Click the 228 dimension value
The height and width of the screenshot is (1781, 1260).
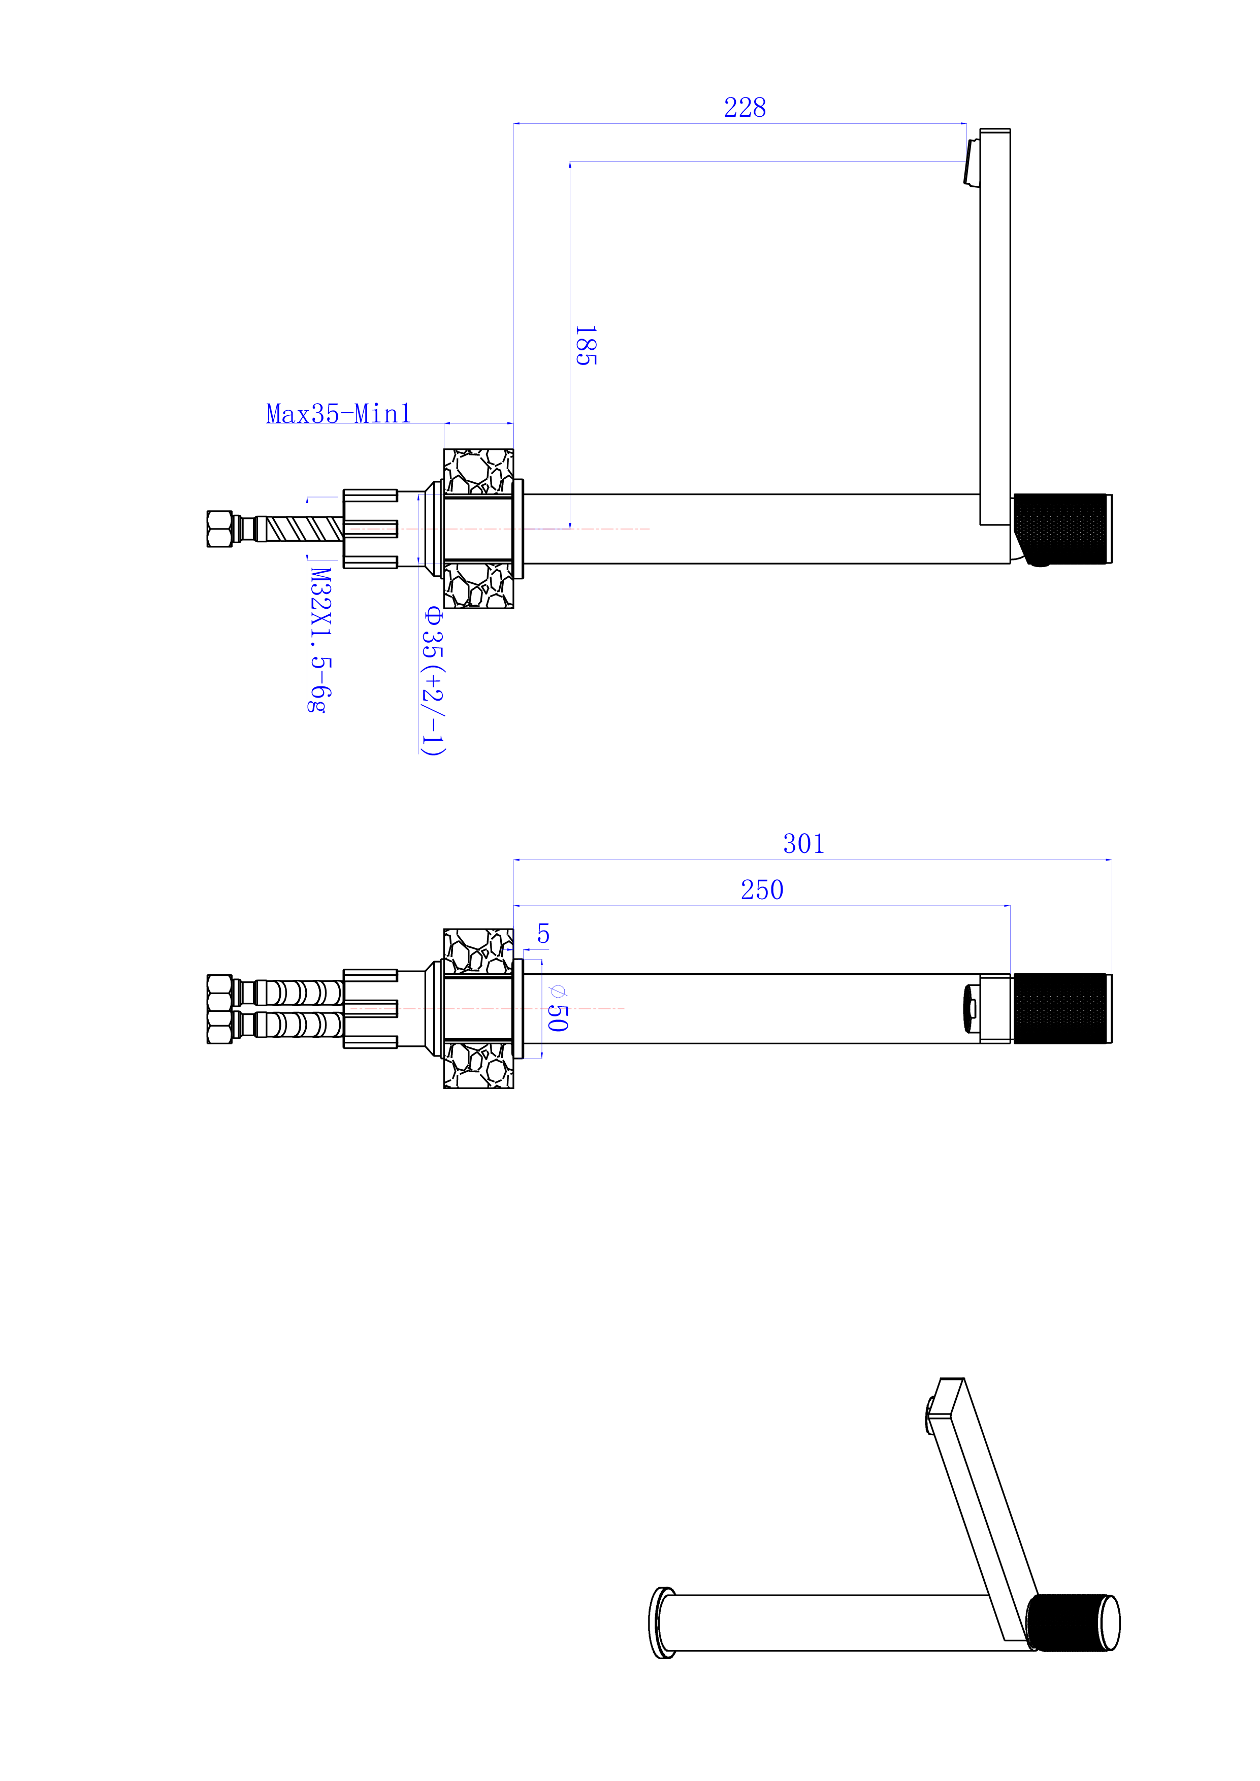[745, 107]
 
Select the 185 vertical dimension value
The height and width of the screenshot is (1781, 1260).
[586, 345]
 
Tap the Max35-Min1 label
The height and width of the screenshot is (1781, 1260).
[338, 413]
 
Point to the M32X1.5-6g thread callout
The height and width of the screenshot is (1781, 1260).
[321, 640]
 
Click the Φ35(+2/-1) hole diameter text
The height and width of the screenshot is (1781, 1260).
[433, 680]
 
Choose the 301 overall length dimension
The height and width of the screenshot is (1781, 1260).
[804, 843]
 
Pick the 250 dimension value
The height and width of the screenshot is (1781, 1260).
[762, 889]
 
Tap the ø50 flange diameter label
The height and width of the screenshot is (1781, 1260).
[558, 1008]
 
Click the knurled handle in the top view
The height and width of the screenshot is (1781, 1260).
[1062, 528]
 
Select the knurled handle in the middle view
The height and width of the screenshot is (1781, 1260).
[1062, 1008]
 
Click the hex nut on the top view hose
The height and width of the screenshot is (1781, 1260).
[219, 528]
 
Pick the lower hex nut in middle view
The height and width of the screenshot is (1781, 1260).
[219, 1026]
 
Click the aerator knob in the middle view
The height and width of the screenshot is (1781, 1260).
[971, 1008]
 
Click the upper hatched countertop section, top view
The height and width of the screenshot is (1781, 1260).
[478, 472]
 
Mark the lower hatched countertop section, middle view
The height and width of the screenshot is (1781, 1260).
[478, 1065]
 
